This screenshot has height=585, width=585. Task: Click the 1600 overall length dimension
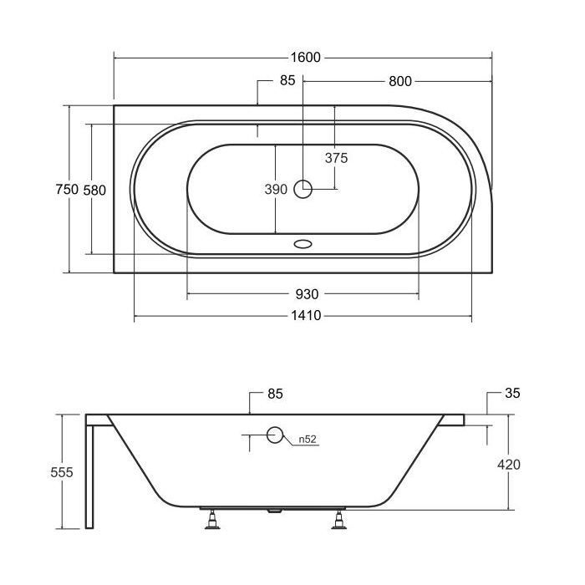305,58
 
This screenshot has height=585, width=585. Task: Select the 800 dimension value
400,81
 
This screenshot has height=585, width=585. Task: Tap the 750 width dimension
67,189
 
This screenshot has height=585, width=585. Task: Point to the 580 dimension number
94,191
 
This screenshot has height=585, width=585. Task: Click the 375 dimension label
336,158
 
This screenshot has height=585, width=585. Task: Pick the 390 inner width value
276,190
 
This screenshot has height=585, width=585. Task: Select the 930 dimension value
307,294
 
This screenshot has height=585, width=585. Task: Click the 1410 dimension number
306,316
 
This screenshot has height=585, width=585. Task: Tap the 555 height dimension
62,472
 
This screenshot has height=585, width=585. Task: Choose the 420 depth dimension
508,465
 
